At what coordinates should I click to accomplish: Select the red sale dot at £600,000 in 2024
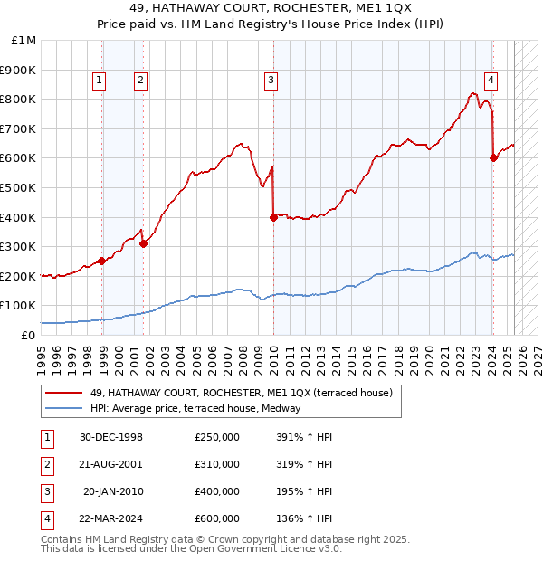click(493, 157)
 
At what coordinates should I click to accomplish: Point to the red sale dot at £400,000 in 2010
click(273, 217)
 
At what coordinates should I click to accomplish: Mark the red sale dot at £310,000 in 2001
click(143, 243)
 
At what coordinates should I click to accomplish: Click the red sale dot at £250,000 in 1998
click(102, 261)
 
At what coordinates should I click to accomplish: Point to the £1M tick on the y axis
click(24, 41)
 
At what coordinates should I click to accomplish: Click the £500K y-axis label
click(19, 188)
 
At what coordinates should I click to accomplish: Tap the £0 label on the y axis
click(27, 335)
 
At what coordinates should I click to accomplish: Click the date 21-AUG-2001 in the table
click(110, 464)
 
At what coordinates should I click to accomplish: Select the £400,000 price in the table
click(216, 491)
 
